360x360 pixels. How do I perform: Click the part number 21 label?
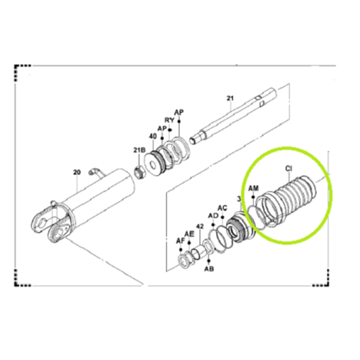[x=230, y=97]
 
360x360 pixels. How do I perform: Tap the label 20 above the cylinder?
[x=78, y=172]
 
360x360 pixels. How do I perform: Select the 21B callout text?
[x=138, y=150]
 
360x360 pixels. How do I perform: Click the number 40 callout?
[x=152, y=135]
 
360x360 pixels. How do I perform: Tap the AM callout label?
[x=253, y=188]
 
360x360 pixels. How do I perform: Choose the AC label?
[x=223, y=207]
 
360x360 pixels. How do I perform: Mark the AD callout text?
[x=212, y=215]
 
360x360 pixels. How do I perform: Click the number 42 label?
[x=199, y=227]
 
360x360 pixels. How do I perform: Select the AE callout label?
[x=189, y=234]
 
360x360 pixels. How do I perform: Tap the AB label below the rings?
[x=209, y=270]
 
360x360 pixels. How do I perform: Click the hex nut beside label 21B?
[x=143, y=172]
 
